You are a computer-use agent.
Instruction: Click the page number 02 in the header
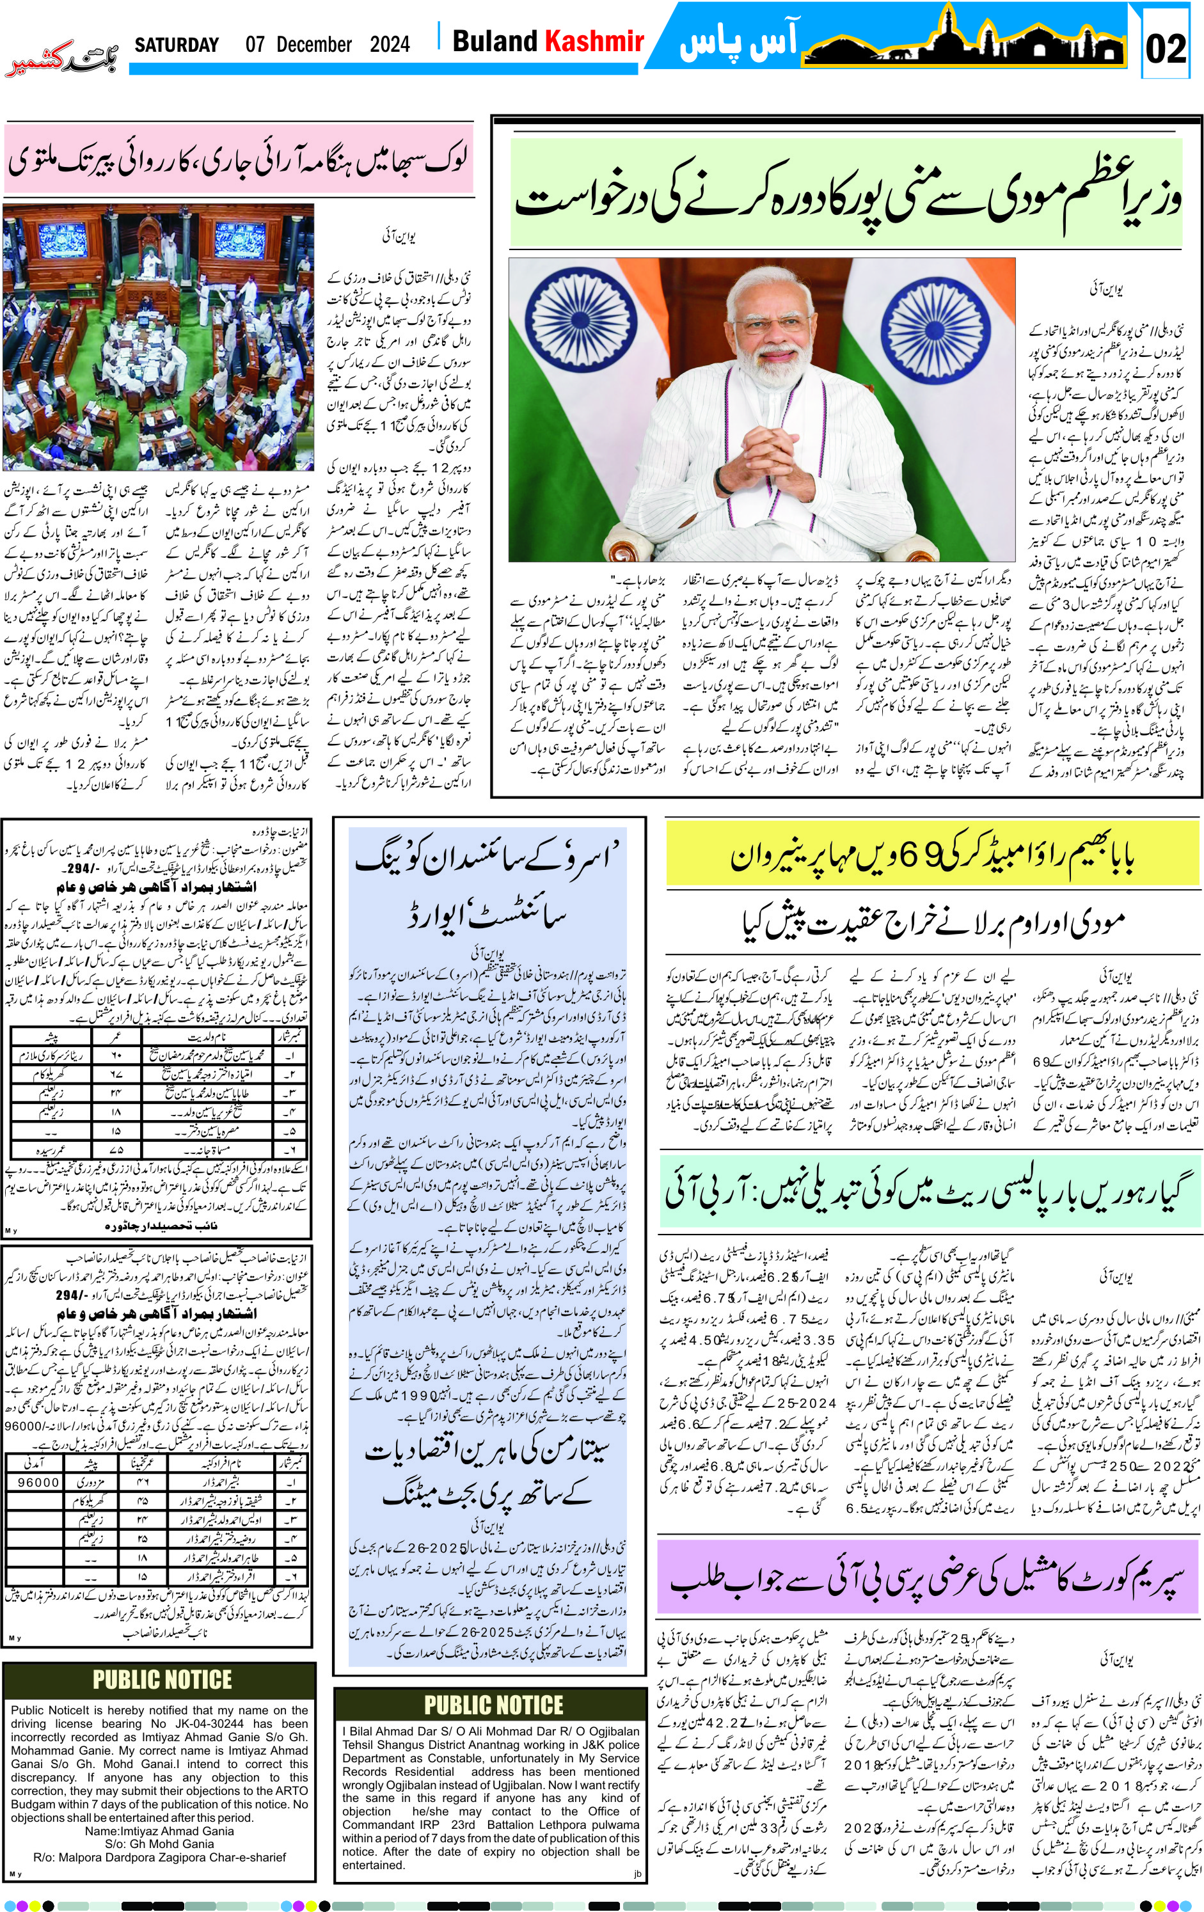click(1165, 49)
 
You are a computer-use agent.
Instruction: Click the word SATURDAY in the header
click(177, 45)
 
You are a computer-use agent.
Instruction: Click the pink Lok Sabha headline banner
click(238, 159)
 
